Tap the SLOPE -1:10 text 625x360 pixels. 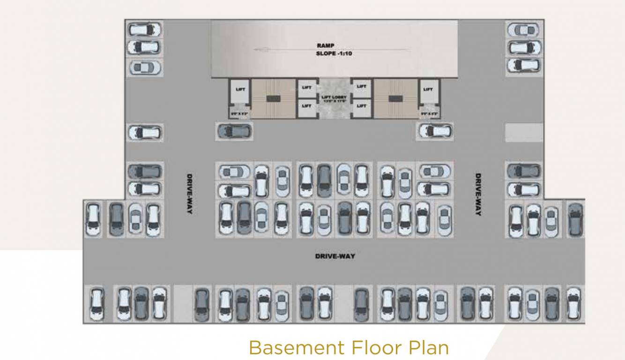334,53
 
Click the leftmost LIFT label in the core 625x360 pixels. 240,89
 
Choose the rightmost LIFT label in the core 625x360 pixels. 428,89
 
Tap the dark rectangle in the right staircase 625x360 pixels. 395,98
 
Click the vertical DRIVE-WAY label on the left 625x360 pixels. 190,195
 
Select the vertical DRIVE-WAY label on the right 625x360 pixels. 478,195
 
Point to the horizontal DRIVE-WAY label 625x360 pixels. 335,256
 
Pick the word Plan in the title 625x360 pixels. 429,348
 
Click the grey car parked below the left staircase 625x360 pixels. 234,131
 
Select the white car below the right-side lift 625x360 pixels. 436,131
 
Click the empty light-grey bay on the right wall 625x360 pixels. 524,133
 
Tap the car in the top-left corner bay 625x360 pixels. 145,30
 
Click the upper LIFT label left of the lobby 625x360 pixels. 307,88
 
